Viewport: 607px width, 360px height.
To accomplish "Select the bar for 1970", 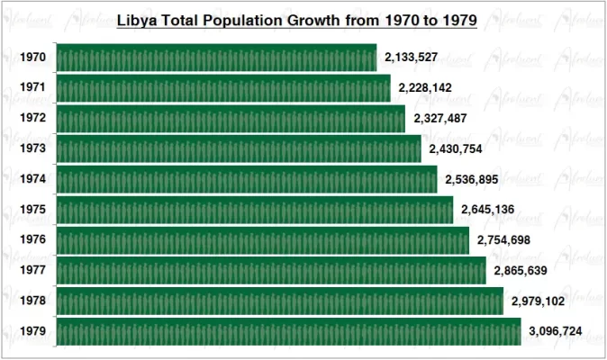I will [216, 58].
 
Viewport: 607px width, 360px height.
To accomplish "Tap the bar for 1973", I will [239, 148].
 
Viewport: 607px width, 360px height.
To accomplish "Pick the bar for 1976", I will [262, 240].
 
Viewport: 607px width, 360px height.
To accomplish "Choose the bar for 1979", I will [288, 331].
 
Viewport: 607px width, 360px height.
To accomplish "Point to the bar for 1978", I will [279, 301].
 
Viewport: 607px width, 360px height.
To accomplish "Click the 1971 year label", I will [33, 88].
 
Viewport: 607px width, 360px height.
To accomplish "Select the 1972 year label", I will [33, 119].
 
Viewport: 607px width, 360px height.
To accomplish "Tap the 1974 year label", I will [33, 179].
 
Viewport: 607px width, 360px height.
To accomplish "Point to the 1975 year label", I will [33, 210].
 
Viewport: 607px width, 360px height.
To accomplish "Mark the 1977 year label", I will [33, 271].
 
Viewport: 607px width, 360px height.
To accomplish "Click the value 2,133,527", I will [411, 58].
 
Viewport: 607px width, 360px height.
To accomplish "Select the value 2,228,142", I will [425, 88].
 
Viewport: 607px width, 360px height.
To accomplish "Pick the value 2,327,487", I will [440, 119].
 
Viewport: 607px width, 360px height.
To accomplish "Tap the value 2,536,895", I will [472, 179].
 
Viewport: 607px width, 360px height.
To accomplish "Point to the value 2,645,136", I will [488, 210].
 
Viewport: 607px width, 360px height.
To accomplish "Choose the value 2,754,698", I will [504, 240].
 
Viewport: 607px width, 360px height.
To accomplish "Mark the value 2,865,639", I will [521, 271].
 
